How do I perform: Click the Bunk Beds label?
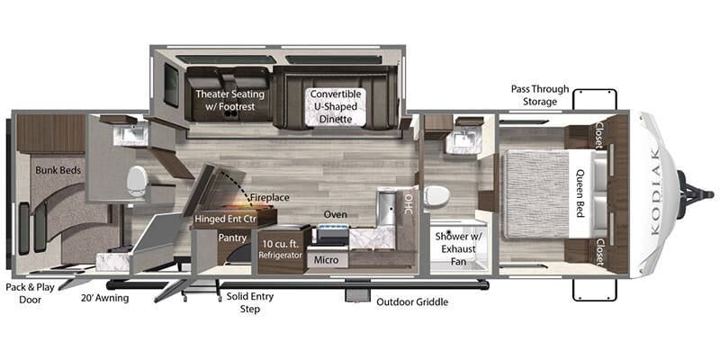click(x=58, y=170)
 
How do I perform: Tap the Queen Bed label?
click(x=580, y=193)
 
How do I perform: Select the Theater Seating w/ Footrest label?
click(x=230, y=101)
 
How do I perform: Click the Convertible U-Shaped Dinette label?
click(x=336, y=106)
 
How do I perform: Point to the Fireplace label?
click(x=269, y=197)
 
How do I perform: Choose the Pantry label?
click(x=232, y=238)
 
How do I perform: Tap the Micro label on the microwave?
click(x=326, y=260)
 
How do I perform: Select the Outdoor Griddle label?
click(x=412, y=302)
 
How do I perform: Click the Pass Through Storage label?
click(x=539, y=95)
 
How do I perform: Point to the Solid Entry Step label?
click(x=250, y=302)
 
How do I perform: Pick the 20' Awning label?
click(x=104, y=299)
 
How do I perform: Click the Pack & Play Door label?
click(x=30, y=293)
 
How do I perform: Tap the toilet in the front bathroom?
click(x=436, y=196)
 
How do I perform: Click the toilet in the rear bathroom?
click(x=137, y=181)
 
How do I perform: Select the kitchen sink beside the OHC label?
click(x=386, y=209)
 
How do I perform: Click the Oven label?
click(x=335, y=214)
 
